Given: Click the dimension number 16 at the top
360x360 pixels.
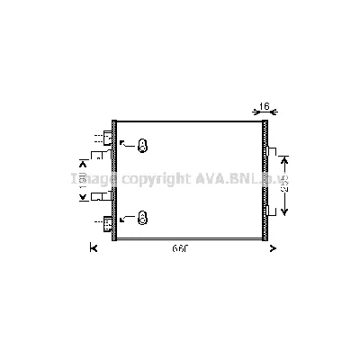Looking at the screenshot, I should coord(265,107).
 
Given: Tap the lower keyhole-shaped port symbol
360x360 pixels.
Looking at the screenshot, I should coord(142,217).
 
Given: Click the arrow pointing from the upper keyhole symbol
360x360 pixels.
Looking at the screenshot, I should coord(125,144).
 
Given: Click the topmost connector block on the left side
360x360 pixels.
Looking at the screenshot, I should coord(109,138).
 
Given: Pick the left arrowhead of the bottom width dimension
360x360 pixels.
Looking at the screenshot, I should coord(93,248).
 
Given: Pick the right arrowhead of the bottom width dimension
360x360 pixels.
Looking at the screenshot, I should coord(272,248).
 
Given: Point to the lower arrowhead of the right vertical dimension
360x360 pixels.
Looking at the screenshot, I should coord(285,212).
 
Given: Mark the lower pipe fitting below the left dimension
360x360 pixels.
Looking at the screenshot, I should coord(106,194).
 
